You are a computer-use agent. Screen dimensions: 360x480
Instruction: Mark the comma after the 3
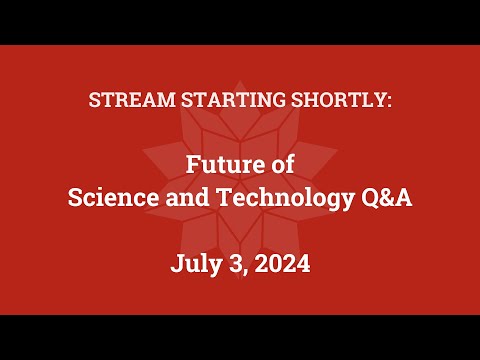pos(246,271)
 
